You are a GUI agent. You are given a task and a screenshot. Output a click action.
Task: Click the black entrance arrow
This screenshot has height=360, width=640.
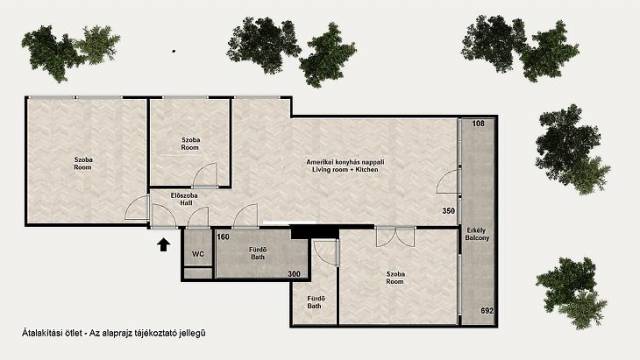(x=164, y=244)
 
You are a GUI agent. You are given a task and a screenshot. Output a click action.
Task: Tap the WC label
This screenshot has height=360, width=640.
(x=198, y=254)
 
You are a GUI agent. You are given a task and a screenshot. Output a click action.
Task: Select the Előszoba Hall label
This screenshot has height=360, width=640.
(x=184, y=199)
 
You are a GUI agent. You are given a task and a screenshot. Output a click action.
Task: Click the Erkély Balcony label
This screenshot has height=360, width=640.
(x=477, y=234)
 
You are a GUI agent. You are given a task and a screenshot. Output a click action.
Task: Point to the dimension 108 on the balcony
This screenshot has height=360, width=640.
(x=478, y=123)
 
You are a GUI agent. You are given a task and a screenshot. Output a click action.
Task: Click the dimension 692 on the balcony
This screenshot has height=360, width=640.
(x=487, y=311)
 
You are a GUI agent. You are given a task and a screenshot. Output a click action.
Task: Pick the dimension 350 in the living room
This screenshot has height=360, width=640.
(x=449, y=211)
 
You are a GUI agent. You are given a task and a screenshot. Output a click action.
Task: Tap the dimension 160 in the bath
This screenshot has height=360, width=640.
(x=223, y=237)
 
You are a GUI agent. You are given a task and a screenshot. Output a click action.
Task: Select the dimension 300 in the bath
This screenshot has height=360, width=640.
(x=294, y=274)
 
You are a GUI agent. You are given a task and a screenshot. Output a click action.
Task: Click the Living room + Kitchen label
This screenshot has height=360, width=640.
(x=345, y=166)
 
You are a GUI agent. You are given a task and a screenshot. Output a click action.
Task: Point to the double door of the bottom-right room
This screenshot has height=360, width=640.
(x=395, y=237)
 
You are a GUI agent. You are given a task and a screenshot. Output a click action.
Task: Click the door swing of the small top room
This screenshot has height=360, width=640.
(x=205, y=175)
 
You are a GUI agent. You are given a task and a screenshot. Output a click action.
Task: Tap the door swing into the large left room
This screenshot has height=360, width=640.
(x=137, y=208)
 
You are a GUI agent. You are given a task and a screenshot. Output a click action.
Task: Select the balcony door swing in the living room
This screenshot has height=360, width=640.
(x=447, y=182)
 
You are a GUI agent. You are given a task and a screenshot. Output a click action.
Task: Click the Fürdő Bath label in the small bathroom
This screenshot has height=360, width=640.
(x=314, y=302)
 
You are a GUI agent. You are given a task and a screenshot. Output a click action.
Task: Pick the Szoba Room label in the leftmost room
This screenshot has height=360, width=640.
(x=83, y=163)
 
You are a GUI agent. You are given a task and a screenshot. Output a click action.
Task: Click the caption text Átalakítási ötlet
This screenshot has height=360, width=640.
(x=51, y=333)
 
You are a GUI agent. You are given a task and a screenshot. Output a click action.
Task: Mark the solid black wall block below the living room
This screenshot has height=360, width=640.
(x=315, y=231)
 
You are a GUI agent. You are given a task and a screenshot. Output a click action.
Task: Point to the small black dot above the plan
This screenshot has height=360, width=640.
(x=174, y=51)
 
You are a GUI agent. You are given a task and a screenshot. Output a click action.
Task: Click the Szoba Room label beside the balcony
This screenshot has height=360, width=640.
(x=395, y=278)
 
